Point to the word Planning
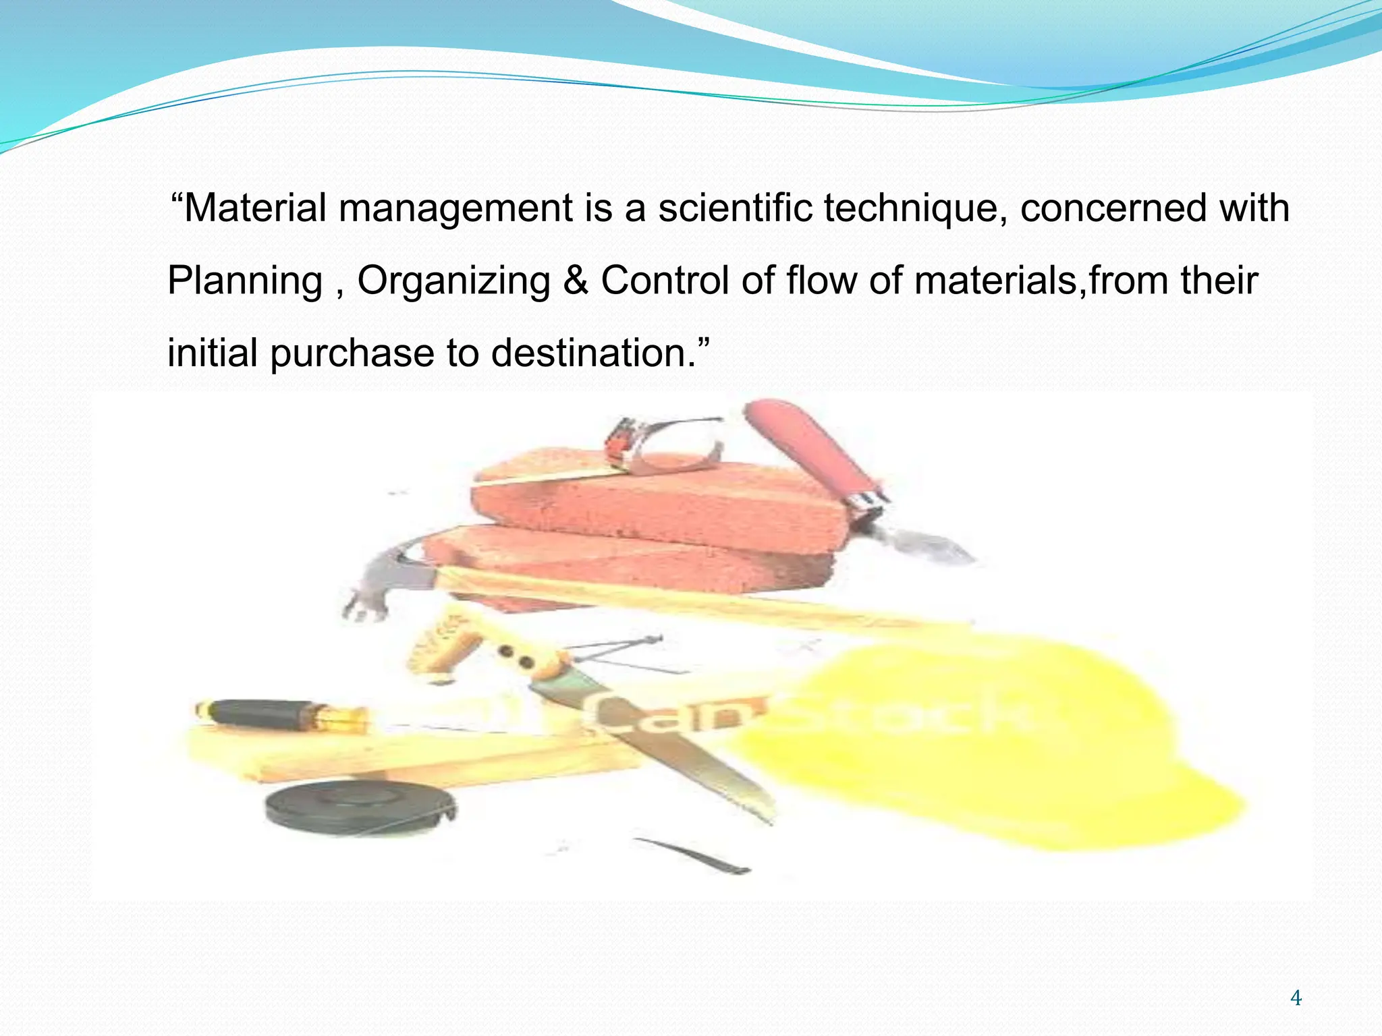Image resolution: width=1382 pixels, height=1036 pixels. (x=245, y=281)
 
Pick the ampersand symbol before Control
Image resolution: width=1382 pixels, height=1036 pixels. (x=575, y=281)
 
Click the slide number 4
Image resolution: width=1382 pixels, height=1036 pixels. (x=1296, y=998)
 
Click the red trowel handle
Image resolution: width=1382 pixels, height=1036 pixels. (x=810, y=445)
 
